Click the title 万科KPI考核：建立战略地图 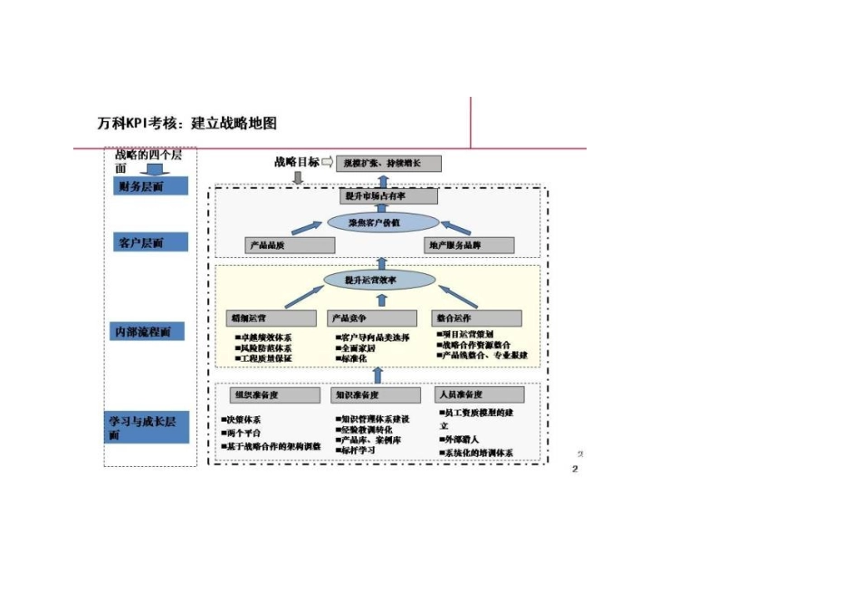(x=187, y=124)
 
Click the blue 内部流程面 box (x=148, y=332)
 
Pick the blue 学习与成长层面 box (x=148, y=428)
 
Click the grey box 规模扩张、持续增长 (x=389, y=163)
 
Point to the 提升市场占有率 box (x=389, y=195)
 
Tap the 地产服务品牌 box (x=469, y=245)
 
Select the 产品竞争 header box (x=372, y=318)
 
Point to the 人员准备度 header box (x=480, y=395)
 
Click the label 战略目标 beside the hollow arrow (x=297, y=162)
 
